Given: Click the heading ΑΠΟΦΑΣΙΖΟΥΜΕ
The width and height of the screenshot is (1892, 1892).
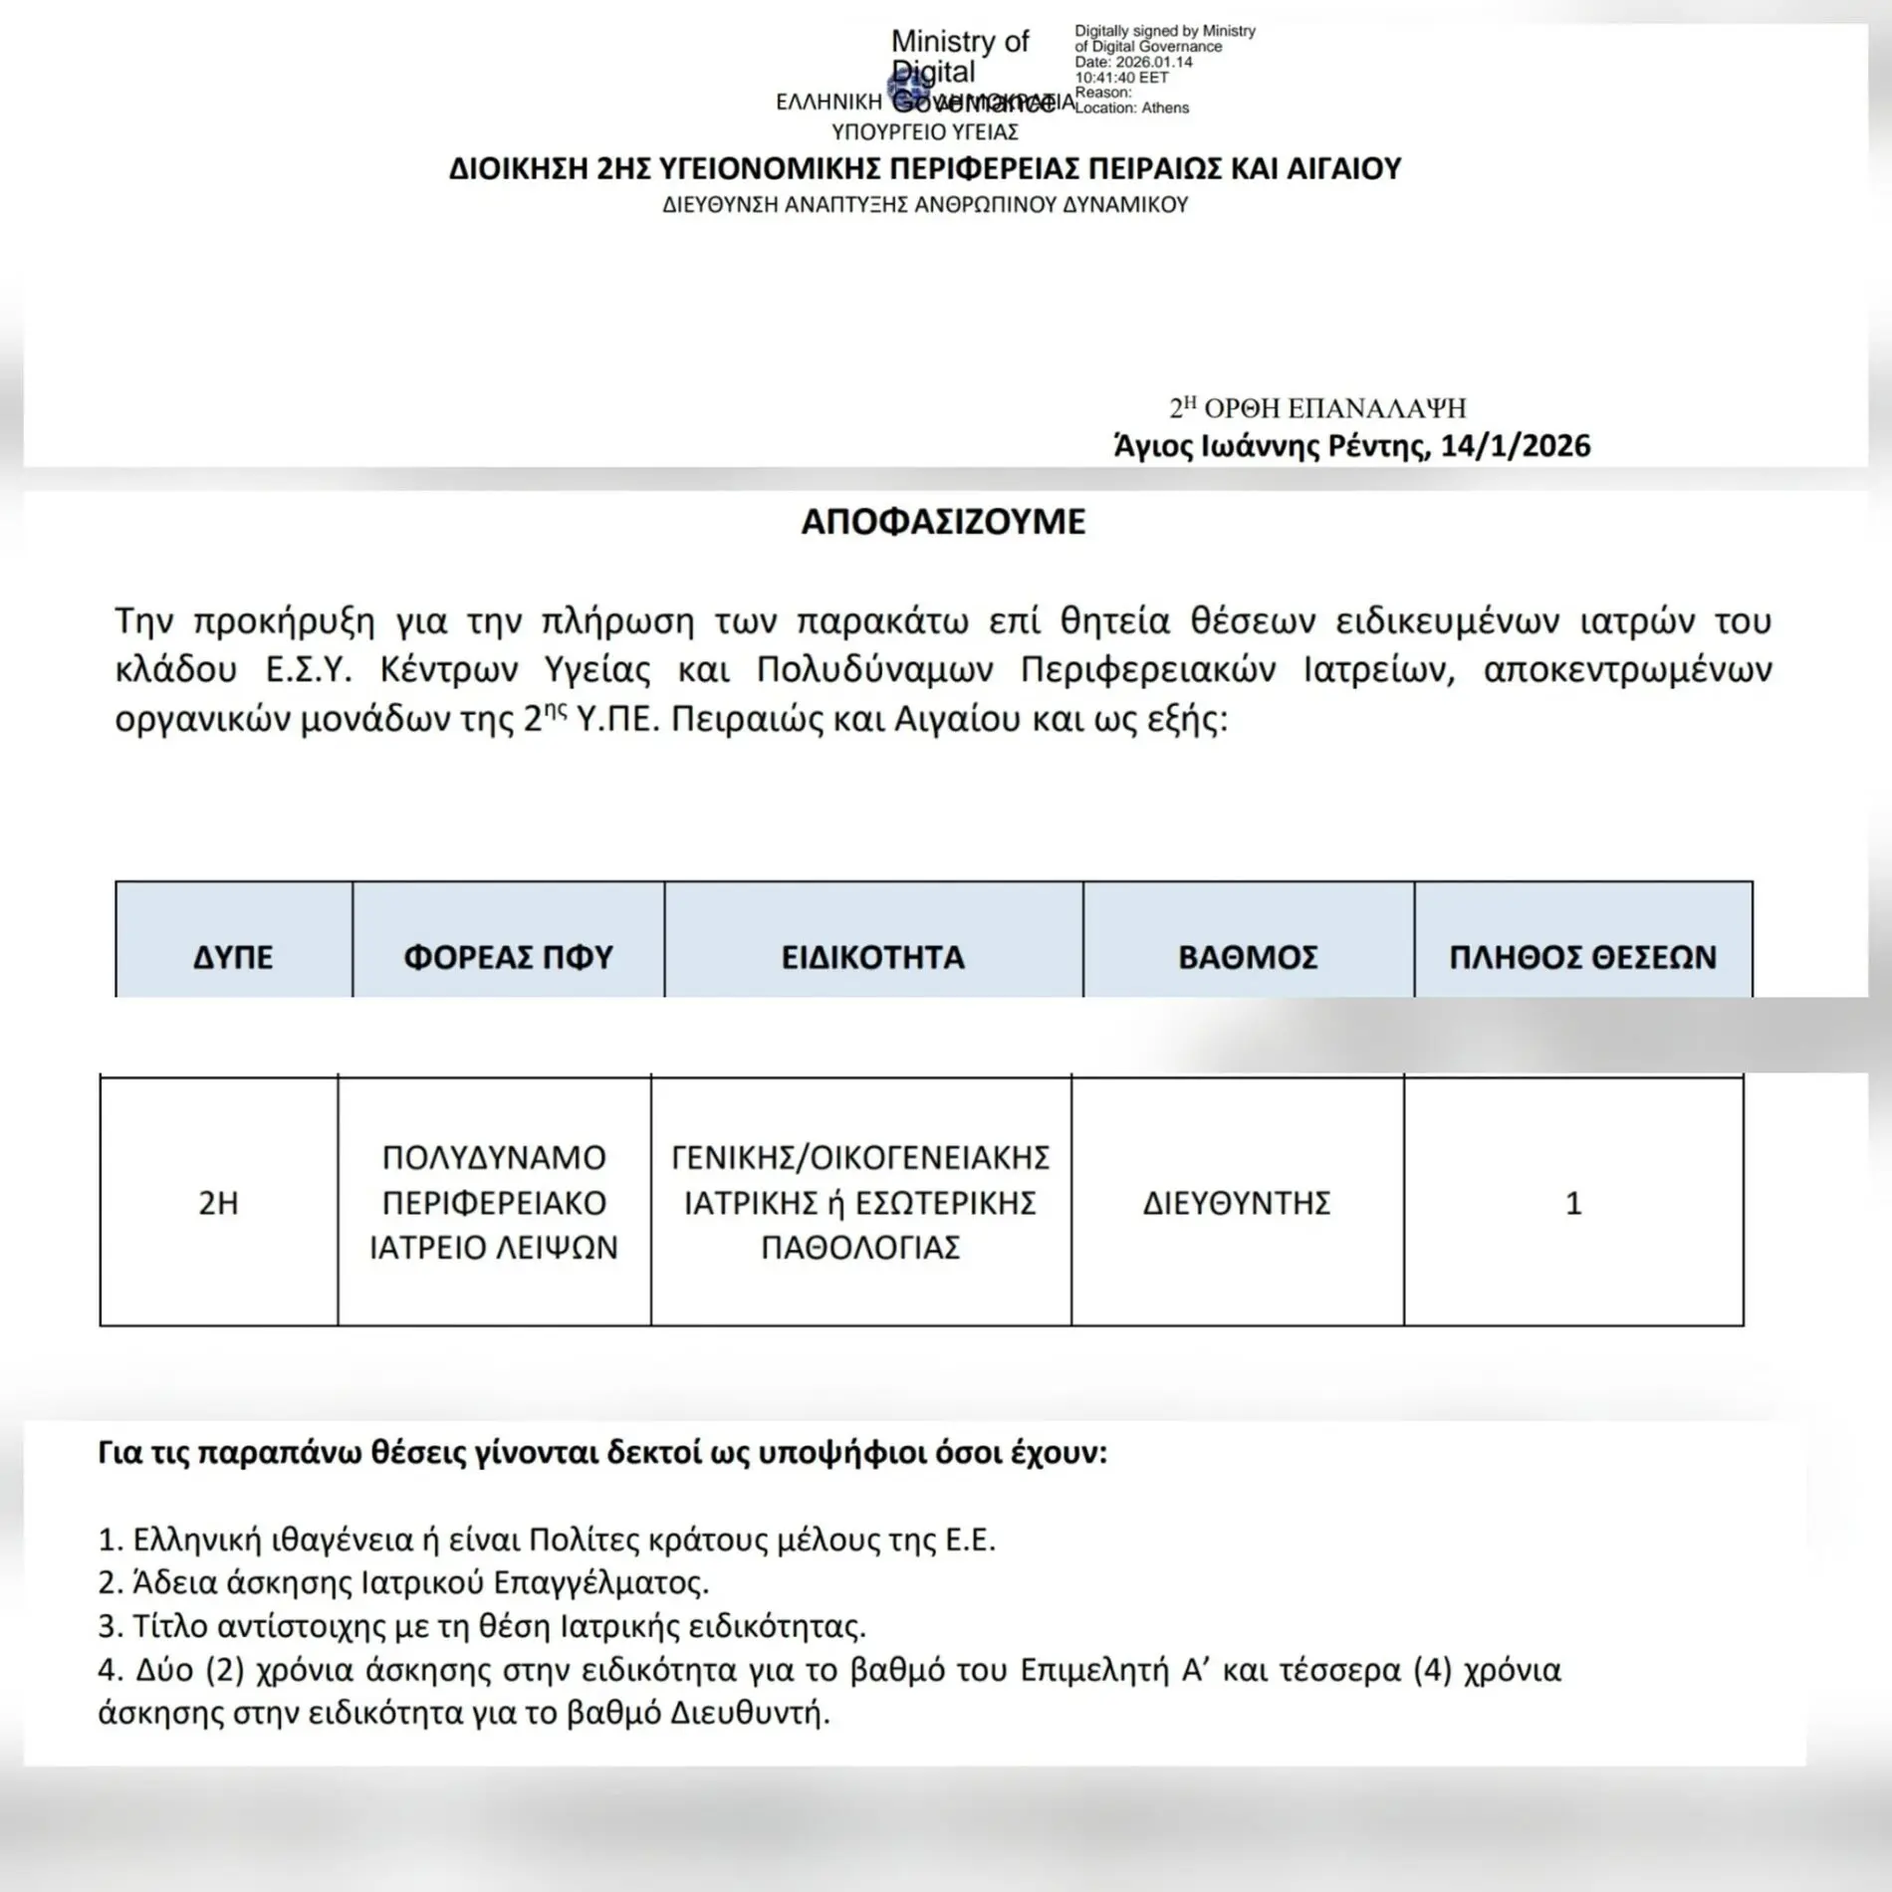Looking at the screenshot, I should pos(943,522).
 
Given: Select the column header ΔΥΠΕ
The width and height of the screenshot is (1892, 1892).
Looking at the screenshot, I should pos(233,957).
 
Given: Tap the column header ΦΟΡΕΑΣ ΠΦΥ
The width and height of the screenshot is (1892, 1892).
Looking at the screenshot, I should pos(508,957).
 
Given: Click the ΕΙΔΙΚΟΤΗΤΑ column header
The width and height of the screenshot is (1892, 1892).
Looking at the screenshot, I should pos(872,957).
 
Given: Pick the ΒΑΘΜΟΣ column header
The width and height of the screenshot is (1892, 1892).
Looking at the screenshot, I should pos(1248,957).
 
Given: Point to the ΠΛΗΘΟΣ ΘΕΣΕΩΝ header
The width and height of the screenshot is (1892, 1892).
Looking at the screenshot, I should pos(1582,957).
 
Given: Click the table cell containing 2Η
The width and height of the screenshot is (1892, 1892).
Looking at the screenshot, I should pos(218,1203).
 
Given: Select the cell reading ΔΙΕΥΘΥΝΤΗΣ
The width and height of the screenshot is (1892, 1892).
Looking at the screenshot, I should pos(1236,1203).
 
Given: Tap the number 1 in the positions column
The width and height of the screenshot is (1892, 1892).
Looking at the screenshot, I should pos(1573,1203).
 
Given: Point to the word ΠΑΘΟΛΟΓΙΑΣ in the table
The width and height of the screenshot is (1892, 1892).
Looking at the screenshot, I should pos(860,1247).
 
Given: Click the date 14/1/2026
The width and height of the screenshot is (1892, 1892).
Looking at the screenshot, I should pos(1515,445).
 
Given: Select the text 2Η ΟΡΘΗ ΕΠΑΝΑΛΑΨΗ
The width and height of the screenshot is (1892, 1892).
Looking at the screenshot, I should pos(1317,408).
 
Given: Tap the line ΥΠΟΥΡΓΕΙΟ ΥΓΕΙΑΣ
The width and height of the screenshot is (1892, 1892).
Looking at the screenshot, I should pos(924,132).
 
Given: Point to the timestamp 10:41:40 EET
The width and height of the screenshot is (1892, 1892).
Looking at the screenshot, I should pos(1121,78).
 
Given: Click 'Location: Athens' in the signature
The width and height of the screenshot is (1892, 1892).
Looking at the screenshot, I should pos(1131,108).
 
